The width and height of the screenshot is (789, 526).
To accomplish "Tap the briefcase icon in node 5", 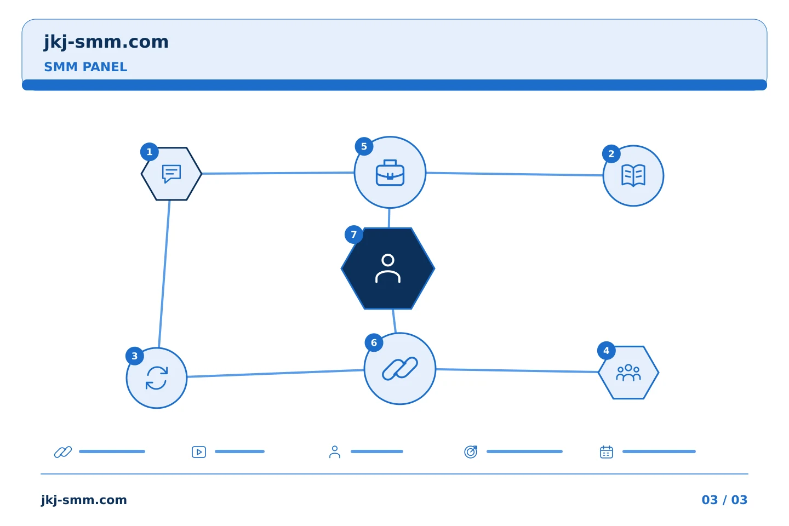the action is [390, 173].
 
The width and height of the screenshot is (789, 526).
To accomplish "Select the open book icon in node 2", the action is [633, 175].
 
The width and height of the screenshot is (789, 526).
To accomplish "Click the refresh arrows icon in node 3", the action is [157, 378].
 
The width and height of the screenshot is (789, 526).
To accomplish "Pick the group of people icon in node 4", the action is [628, 373].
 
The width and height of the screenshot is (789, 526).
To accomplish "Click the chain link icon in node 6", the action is [400, 369].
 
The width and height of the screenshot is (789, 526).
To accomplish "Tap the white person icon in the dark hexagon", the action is [388, 268].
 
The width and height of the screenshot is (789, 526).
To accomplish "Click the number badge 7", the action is [353, 235].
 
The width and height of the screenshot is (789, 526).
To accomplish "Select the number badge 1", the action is [150, 152].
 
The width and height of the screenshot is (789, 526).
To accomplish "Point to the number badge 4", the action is [606, 351].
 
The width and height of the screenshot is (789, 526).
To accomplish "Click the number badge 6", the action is [374, 343].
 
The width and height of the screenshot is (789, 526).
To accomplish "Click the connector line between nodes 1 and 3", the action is [164, 274].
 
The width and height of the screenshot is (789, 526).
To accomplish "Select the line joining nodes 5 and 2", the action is [514, 174].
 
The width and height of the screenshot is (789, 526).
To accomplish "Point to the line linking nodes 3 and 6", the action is [275, 374].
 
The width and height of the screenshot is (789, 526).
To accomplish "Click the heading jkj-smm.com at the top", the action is [106, 42].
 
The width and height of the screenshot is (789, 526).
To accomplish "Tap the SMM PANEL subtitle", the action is [85, 67].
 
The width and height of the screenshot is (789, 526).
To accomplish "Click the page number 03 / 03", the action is [724, 500].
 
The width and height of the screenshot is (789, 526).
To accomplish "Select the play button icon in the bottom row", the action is [199, 452].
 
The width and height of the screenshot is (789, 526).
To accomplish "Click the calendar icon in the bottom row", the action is [607, 452].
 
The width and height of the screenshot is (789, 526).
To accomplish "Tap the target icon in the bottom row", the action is [471, 451].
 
